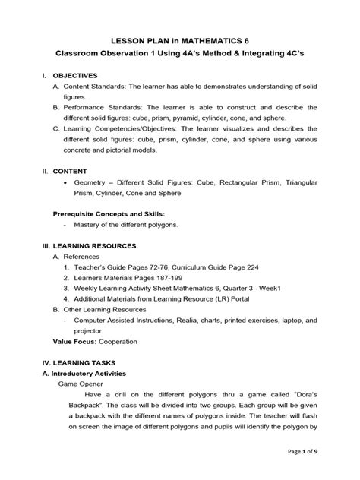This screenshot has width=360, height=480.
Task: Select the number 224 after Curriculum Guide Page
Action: [x=233, y=268]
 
